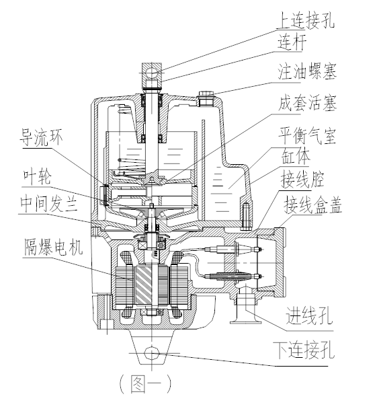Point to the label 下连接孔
point(303,350)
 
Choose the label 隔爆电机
point(50,248)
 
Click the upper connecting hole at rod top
point(152,71)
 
